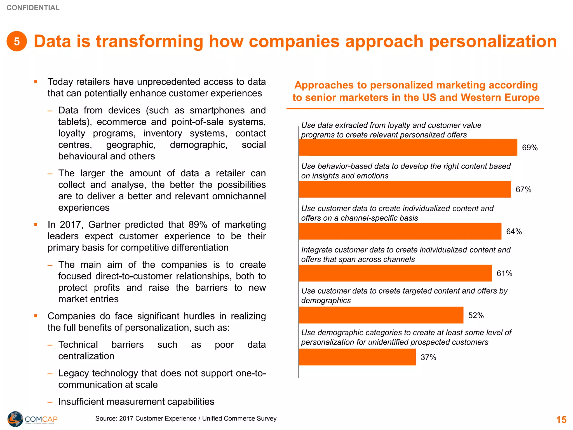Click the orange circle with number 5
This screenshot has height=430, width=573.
tap(17, 41)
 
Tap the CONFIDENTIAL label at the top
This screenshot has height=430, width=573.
tap(33, 8)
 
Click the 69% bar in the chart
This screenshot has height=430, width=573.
tap(408, 147)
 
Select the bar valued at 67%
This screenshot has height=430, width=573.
tap(405, 189)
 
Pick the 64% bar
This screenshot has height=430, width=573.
tap(400, 231)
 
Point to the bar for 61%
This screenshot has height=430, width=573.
tap(395, 273)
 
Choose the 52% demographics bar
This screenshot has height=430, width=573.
tap(381, 315)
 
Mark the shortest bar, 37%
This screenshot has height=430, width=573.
tap(357, 357)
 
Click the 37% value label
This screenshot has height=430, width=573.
tap(428, 357)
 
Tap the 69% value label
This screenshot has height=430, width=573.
tap(530, 148)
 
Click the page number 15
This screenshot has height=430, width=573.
tap(561, 420)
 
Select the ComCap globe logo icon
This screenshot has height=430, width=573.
tap(15, 419)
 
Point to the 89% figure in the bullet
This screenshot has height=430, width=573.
tap(198, 225)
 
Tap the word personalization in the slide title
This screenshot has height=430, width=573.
tap(493, 41)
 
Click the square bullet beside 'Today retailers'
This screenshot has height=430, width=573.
tap(36, 82)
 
